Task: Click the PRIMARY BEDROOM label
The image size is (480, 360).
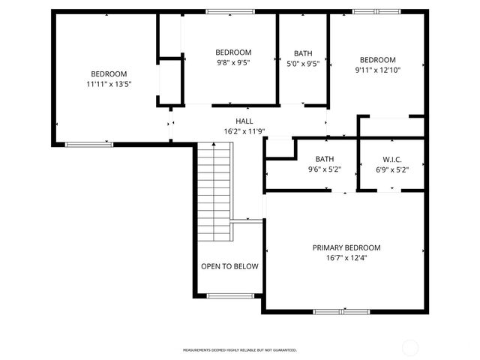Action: (x=346, y=247)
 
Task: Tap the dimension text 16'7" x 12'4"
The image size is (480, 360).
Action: (x=346, y=258)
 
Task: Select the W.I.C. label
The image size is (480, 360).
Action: (x=392, y=159)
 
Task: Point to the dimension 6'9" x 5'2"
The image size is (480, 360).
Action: (x=392, y=169)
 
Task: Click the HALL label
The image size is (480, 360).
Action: (x=244, y=121)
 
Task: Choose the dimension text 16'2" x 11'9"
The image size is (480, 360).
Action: (x=244, y=131)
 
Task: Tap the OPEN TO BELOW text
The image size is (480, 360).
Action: (x=229, y=266)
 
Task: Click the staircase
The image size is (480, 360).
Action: (x=214, y=192)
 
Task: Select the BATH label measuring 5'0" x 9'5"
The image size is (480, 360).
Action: (x=303, y=53)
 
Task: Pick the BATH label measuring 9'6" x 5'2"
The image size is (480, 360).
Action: (x=325, y=159)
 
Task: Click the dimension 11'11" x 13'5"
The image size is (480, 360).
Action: (x=109, y=84)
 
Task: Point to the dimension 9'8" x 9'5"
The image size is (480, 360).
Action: (x=232, y=63)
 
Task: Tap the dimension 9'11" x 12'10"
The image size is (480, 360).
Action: (x=377, y=70)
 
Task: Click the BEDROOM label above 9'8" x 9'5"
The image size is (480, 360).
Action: (x=232, y=52)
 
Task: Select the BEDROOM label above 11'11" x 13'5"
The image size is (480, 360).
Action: (x=109, y=73)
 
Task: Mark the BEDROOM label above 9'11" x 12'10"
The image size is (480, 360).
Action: (x=377, y=60)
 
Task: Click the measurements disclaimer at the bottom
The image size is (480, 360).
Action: (x=240, y=349)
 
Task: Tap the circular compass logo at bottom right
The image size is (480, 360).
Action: (x=411, y=347)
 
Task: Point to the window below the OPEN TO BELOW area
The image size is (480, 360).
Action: (x=229, y=295)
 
